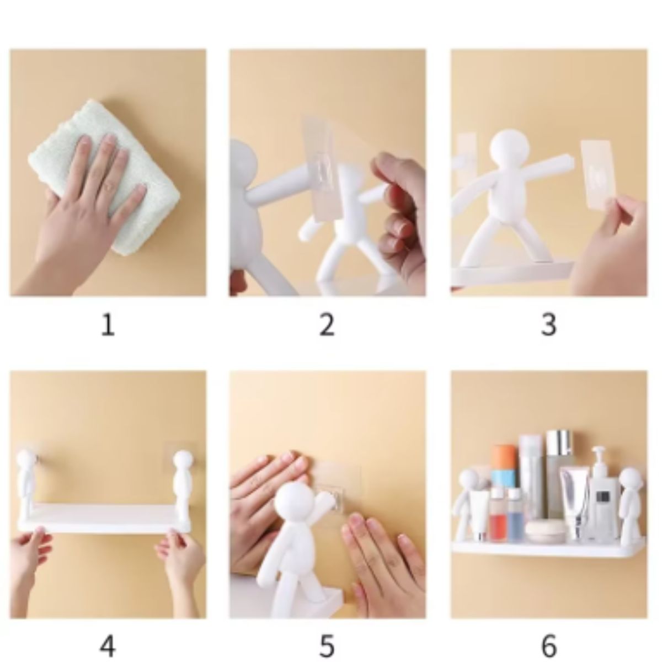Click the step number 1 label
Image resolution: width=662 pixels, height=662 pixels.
pyautogui.click(x=108, y=325)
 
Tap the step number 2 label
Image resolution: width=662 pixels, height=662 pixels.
pyautogui.click(x=327, y=325)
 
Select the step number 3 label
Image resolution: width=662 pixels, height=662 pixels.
pyautogui.click(x=548, y=325)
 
